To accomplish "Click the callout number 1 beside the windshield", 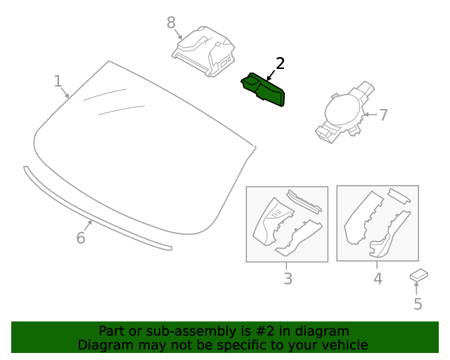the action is [x=58, y=81].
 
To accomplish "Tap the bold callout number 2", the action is [x=280, y=63].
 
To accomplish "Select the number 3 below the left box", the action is [x=288, y=278].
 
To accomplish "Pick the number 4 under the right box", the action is [x=378, y=278].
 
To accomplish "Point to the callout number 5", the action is [x=418, y=304].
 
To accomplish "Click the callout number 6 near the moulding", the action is [x=81, y=238].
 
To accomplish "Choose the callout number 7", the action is [x=383, y=115].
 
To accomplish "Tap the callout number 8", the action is [x=171, y=22].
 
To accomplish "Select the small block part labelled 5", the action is [x=419, y=275].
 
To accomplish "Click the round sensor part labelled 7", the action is [x=345, y=112].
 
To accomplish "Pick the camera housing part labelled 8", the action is [x=204, y=51].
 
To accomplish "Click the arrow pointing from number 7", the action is [x=370, y=115].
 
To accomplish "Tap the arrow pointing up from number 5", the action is [x=416, y=288].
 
